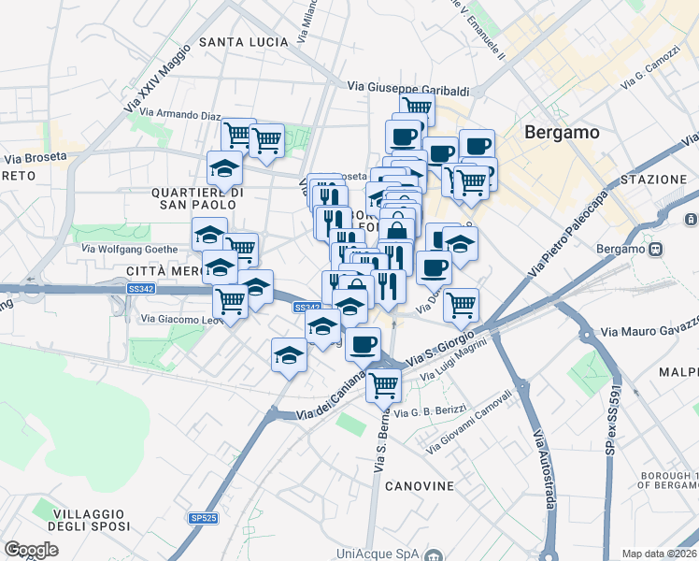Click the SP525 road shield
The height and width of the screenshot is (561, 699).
pyautogui.click(x=203, y=518)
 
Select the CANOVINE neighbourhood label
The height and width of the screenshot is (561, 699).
pyautogui.click(x=419, y=486)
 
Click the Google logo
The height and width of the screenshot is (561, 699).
pyautogui.click(x=31, y=550)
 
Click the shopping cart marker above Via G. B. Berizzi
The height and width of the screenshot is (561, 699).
pyautogui.click(x=383, y=383)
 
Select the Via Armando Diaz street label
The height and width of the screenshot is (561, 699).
pyautogui.click(x=183, y=116)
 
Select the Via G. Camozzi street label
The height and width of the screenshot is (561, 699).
pyautogui.click(x=646, y=74)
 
